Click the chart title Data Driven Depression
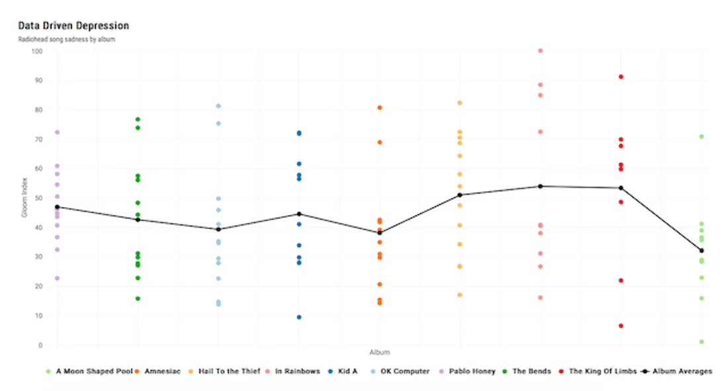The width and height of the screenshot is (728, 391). [x=73, y=26]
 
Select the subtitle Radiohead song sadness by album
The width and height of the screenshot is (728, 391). [x=67, y=40]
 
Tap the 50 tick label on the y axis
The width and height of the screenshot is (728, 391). [x=38, y=198]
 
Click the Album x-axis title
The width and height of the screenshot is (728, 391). [x=379, y=353]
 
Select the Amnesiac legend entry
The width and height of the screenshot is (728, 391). [x=161, y=371]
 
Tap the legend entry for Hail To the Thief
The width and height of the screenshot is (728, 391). [x=230, y=371]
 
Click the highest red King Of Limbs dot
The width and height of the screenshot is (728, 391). [x=621, y=77]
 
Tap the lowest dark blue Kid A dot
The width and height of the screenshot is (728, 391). [x=299, y=318]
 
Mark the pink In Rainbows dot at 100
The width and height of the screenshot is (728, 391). [x=540, y=50]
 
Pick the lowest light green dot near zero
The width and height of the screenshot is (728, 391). [x=702, y=342]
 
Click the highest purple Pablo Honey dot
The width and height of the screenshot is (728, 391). [x=57, y=132]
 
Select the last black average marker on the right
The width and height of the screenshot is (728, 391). [x=702, y=251]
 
